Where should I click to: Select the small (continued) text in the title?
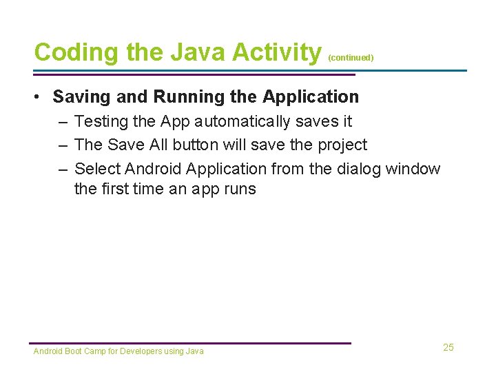(351, 58)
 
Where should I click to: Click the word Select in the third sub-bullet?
(97, 169)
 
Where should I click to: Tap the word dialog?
(361, 169)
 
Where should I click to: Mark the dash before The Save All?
(63, 145)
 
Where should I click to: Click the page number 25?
(448, 347)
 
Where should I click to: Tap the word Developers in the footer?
(142, 351)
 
